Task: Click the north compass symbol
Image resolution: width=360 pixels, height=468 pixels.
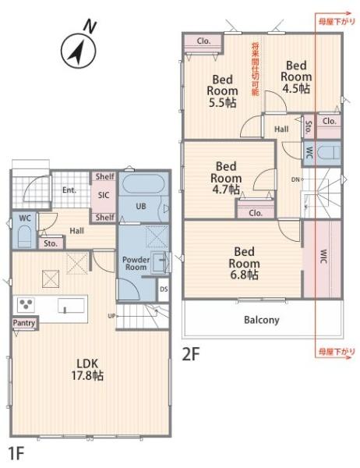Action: tap(79, 50)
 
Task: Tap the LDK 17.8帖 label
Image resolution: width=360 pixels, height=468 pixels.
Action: tap(87, 369)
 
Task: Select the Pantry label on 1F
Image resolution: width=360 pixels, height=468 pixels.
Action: tap(24, 323)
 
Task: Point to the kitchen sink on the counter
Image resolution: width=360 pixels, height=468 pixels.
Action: tap(71, 305)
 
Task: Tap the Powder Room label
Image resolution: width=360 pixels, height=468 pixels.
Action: tap(136, 264)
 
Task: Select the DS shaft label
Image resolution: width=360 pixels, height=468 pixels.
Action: tap(164, 289)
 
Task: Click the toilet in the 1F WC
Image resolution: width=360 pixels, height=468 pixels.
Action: tap(24, 236)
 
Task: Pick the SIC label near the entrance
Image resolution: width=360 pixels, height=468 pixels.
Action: tap(104, 195)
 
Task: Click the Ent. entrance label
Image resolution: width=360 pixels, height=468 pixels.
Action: tap(69, 190)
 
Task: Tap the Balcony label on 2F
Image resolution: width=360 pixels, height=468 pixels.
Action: tap(262, 320)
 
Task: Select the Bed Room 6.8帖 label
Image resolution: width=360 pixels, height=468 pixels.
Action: tap(244, 264)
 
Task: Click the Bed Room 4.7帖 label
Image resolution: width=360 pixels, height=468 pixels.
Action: tap(226, 178)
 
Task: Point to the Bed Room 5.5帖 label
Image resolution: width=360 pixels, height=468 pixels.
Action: tap(222, 91)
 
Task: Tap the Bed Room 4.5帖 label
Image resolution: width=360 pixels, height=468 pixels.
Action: tap(296, 77)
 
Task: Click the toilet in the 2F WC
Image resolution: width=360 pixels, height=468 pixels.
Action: tap(328, 153)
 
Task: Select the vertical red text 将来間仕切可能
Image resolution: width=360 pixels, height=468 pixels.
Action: tap(256, 69)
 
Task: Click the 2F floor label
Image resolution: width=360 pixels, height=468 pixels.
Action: tap(190, 355)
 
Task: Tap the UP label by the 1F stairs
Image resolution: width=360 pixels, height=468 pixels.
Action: tap(111, 315)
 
